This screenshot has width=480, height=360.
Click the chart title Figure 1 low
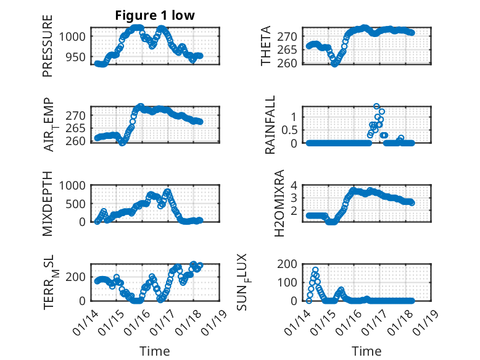click(155, 15)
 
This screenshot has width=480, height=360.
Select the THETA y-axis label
click(266, 46)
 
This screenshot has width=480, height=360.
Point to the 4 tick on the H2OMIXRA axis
click(296, 185)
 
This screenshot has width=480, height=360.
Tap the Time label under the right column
click(366, 351)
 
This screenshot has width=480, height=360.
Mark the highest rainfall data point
click(376, 107)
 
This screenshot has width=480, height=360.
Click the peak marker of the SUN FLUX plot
click(315, 270)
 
